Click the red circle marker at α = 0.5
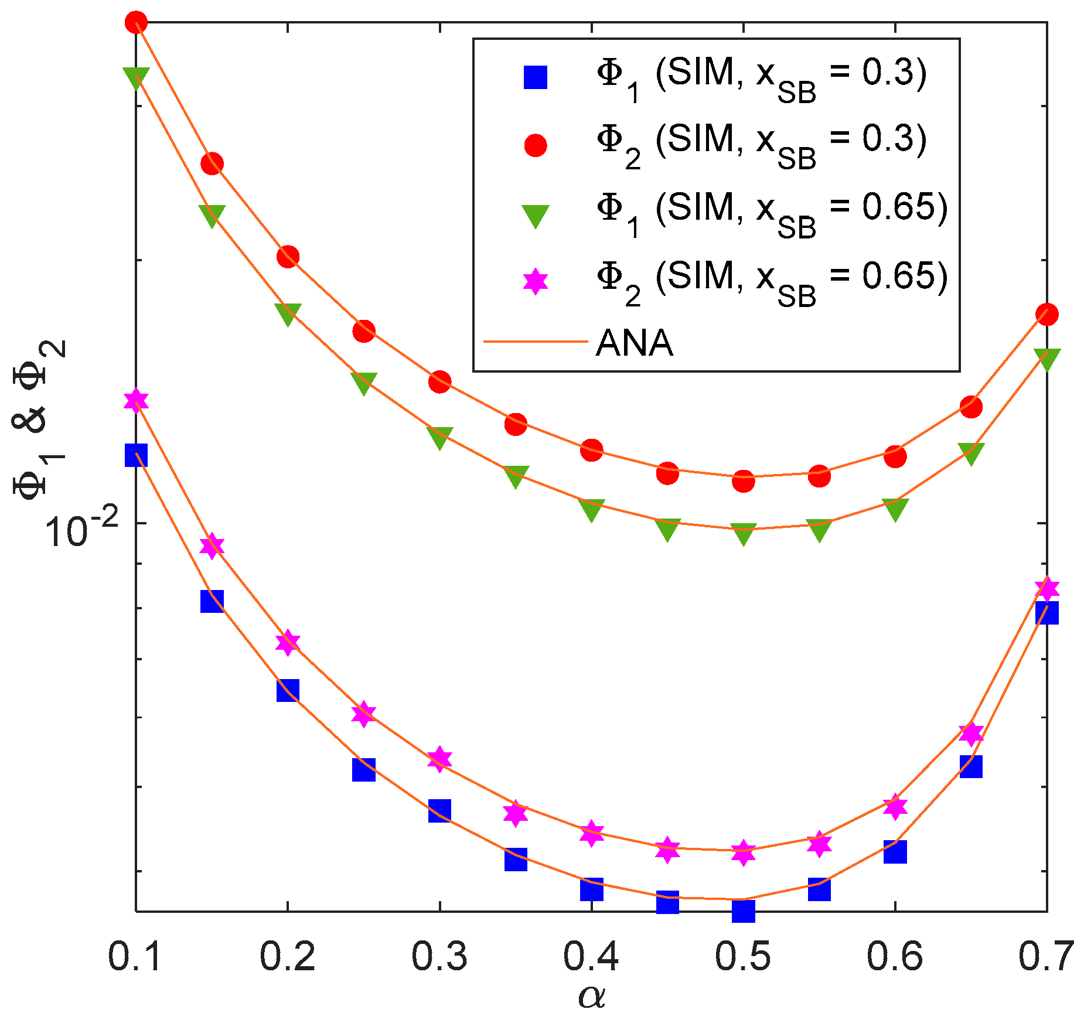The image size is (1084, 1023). coord(743,480)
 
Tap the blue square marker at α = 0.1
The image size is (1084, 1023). coord(136,455)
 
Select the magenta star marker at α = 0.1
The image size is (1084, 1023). coord(136,400)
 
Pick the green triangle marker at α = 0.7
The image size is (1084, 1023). coord(1046,358)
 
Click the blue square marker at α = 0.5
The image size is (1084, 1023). coord(743,911)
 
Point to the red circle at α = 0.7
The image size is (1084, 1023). coord(1046,314)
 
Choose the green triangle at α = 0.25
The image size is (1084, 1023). coord(363,383)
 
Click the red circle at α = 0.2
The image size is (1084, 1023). coord(288,257)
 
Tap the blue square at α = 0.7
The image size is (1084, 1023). coord(1046,612)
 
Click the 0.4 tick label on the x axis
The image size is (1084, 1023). coord(591,956)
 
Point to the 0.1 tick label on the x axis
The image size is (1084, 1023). coord(135,956)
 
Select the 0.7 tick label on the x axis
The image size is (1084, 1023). coord(1045,956)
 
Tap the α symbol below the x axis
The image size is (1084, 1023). coord(592,996)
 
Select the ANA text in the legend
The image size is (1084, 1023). coord(635,343)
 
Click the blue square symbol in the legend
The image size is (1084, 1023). coord(535,77)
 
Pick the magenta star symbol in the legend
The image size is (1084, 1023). coord(535,281)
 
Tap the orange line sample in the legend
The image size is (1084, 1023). coord(535,340)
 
